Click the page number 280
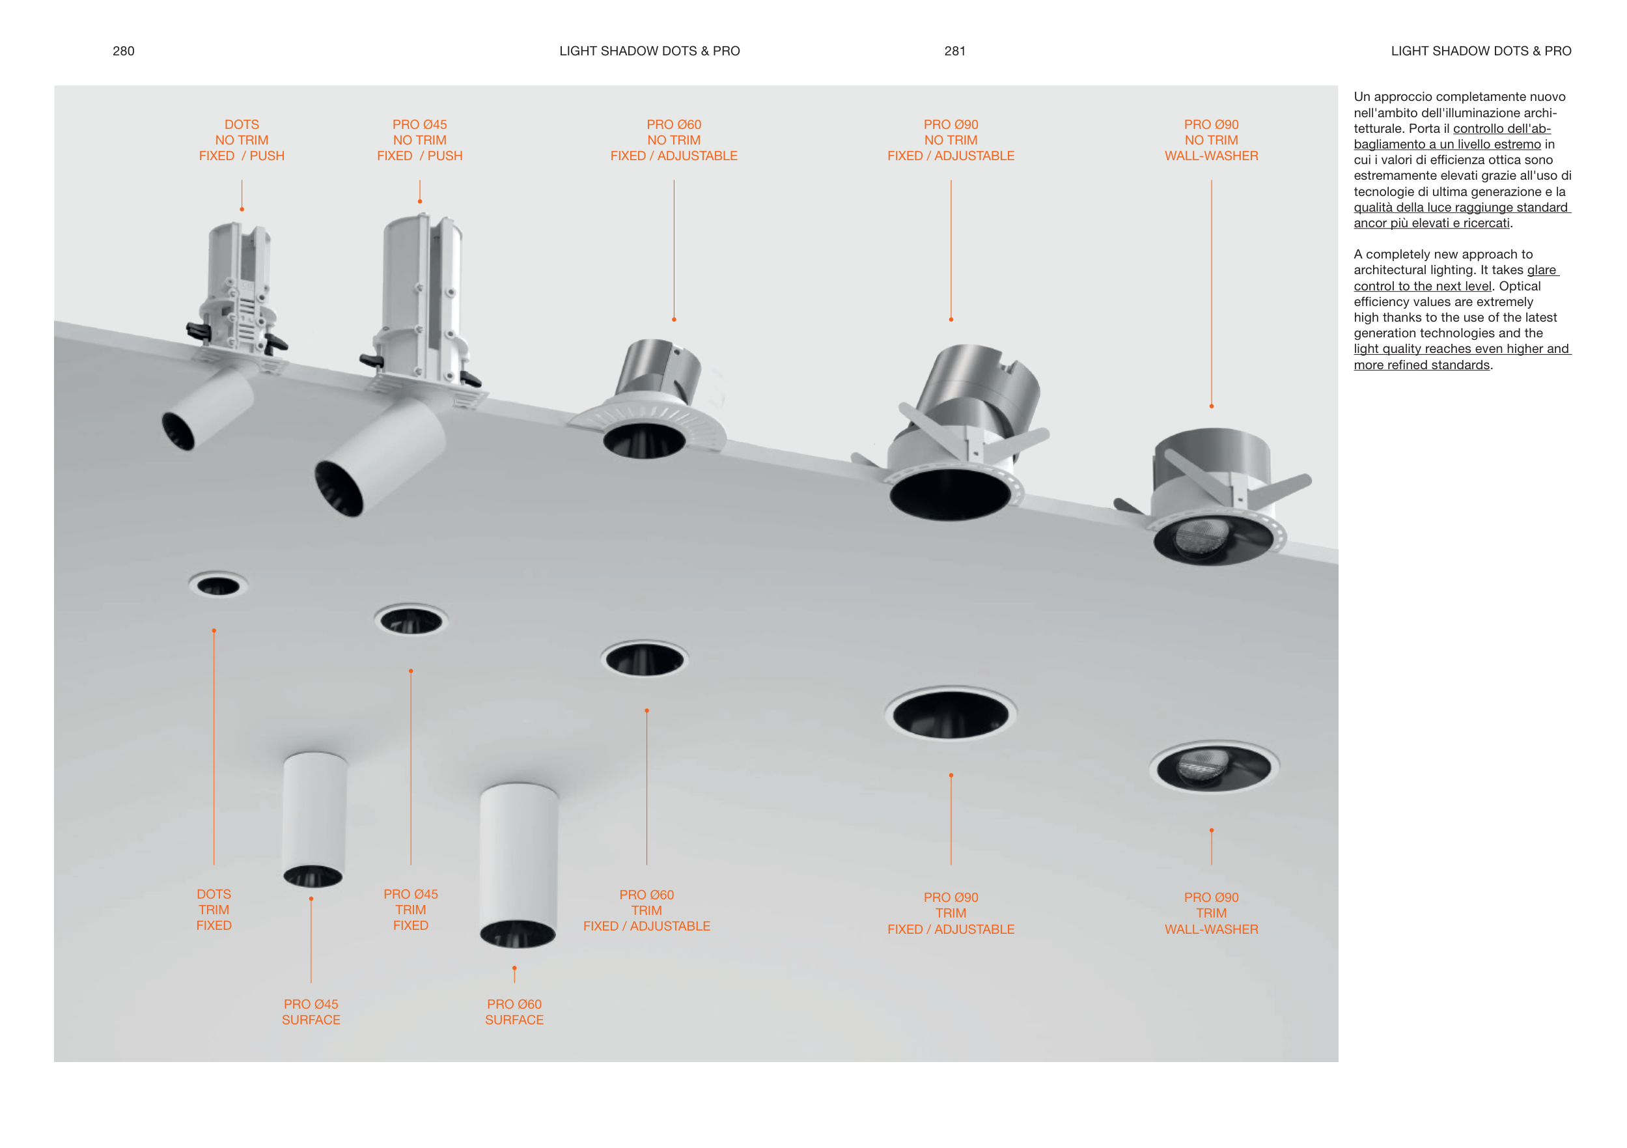click(123, 51)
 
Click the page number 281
click(954, 51)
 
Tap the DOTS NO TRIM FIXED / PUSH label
click(242, 140)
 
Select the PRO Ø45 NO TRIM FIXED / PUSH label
click(419, 140)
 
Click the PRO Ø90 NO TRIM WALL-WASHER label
click(1211, 140)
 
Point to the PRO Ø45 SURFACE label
click(311, 1012)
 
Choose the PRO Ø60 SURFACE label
click(514, 1012)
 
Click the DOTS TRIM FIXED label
click(214, 910)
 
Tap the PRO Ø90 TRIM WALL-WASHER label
click(1211, 914)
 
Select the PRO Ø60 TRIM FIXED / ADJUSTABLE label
click(647, 910)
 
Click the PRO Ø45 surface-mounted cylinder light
click(314, 820)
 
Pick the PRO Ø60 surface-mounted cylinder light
click(518, 866)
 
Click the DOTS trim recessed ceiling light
click(218, 585)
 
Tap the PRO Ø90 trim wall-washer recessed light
click(1213, 767)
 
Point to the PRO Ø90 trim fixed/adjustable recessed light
click(951, 714)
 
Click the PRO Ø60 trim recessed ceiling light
click(644, 659)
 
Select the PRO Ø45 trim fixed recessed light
click(411, 620)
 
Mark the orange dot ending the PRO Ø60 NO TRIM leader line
click(674, 320)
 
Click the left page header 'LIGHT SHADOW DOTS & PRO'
click(649, 51)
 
